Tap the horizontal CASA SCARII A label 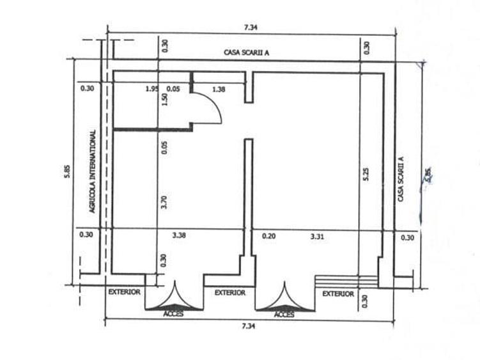(246, 52)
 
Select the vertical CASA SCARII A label (401, 179)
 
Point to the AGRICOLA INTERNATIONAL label (93, 171)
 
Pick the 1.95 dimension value (152, 89)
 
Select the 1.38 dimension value (219, 89)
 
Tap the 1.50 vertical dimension (164, 100)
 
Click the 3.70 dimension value (164, 203)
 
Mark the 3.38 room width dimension (180, 236)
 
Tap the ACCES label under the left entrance (173, 315)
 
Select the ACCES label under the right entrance (284, 315)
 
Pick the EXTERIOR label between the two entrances (229, 293)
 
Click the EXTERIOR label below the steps (338, 293)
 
